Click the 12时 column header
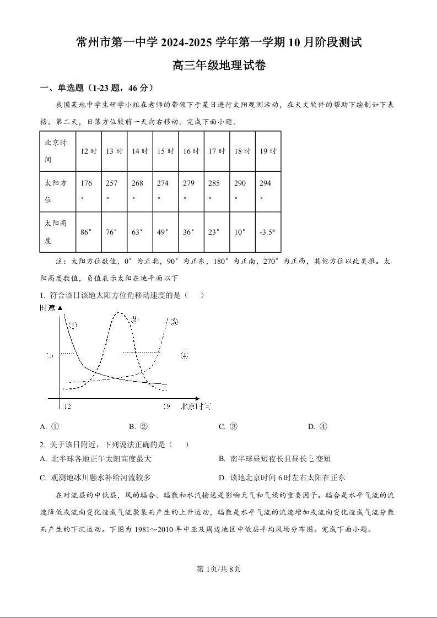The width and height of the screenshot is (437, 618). pos(89,151)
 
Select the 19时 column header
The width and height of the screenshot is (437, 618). pos(268,151)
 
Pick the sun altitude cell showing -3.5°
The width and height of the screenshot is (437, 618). pos(267,232)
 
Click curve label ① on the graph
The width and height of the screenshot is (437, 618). pos(73,326)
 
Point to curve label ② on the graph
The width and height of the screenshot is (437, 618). pos(134,320)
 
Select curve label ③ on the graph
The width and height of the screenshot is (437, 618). pos(173,322)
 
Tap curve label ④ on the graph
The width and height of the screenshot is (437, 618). pos(184,355)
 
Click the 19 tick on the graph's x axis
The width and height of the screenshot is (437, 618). pos(166,406)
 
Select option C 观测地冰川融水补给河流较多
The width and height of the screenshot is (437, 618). pos(95,478)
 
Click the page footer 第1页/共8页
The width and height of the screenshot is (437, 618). pos(218,569)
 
